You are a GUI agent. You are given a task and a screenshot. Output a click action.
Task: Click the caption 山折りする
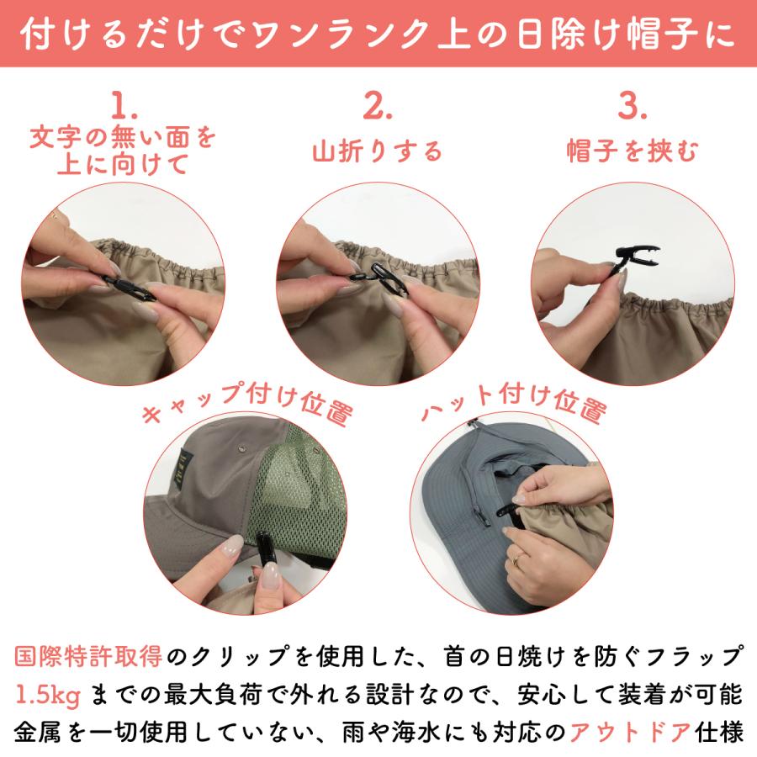point(377,151)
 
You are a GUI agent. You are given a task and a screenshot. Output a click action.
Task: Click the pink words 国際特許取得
point(90,656)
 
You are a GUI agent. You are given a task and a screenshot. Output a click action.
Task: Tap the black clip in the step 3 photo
point(630,256)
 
